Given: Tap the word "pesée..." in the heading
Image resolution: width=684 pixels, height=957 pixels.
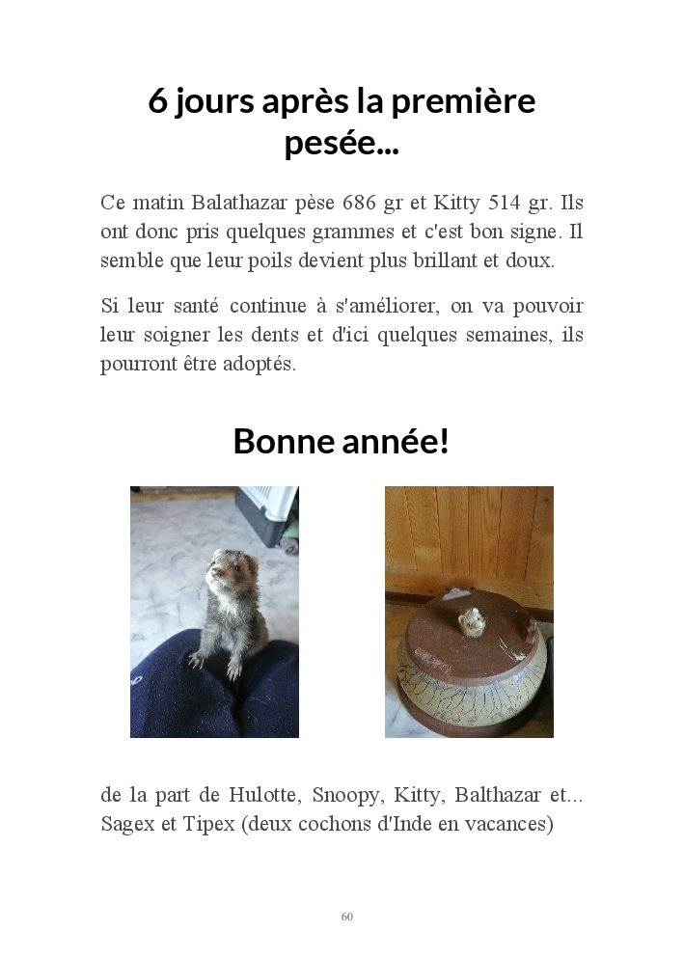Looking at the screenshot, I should pos(342,145).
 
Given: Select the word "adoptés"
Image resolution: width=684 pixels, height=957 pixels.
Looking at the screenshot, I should pos(260,364).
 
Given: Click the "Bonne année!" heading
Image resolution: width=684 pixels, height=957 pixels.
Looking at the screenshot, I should pos(342,442).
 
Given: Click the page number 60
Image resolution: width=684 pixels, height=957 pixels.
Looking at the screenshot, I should pos(347,916).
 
